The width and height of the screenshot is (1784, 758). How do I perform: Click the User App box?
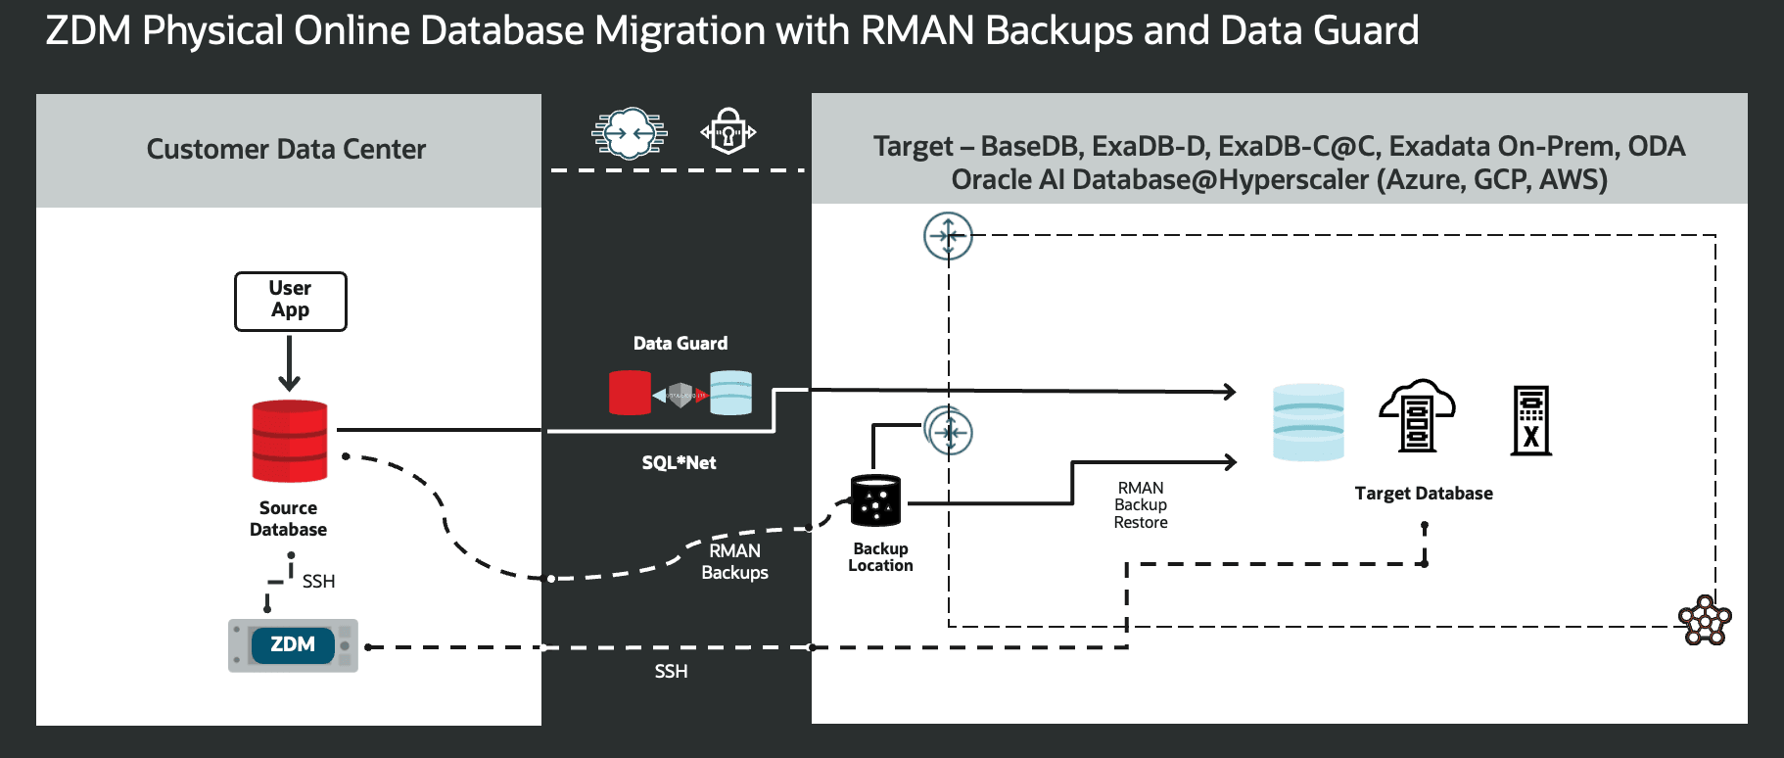pos(290,301)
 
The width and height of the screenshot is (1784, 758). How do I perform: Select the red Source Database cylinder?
pos(290,441)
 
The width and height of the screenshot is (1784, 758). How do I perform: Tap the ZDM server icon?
pos(293,645)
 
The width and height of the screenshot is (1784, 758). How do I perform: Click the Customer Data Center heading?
pos(286,149)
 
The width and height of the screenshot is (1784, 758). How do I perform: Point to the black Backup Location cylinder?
pos(875,500)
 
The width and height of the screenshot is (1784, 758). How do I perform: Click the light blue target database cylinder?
pos(1308,422)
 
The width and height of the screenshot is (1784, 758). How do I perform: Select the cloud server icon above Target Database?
pos(1417,415)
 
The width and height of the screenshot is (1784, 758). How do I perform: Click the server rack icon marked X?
pos(1531,420)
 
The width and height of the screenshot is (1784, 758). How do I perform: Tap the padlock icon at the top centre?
pos(728,131)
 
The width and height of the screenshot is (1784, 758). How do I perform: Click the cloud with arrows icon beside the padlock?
pos(630,132)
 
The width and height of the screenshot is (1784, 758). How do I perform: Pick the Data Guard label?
pos(681,343)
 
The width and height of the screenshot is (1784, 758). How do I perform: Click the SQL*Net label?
pos(679,462)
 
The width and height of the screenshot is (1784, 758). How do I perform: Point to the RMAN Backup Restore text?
pos(1141,505)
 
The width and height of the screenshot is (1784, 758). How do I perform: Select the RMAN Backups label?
pos(734,561)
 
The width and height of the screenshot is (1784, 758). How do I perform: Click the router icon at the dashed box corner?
pos(948,236)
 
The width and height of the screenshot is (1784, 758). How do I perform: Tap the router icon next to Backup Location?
pos(949,431)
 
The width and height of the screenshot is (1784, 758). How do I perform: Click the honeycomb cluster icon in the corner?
pos(1705,620)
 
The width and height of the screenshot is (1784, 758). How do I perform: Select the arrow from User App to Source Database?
pos(289,363)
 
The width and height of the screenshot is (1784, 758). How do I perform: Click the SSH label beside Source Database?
pos(318,581)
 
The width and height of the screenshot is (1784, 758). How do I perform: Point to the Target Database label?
pos(1424,493)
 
